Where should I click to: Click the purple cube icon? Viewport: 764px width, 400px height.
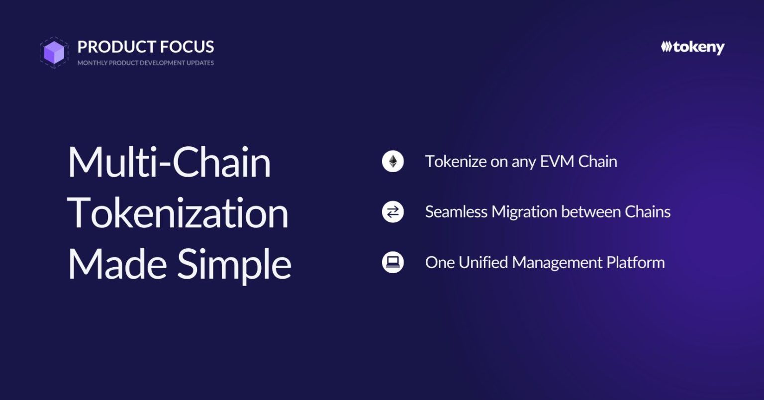click(54, 53)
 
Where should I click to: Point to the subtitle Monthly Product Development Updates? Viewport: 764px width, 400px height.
click(146, 63)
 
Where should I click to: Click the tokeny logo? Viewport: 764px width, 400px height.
click(692, 47)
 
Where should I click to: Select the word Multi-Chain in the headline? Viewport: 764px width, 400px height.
click(169, 162)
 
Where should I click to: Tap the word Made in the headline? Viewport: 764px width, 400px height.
click(117, 264)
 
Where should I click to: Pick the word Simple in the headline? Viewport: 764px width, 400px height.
click(234, 266)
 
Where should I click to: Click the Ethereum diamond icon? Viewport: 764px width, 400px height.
click(393, 161)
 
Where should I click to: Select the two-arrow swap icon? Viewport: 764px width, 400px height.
click(393, 211)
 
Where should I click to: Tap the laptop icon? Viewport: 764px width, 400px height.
click(393, 262)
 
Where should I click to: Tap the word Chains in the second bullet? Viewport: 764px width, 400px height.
click(648, 212)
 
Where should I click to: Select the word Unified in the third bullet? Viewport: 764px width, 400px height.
click(483, 263)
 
